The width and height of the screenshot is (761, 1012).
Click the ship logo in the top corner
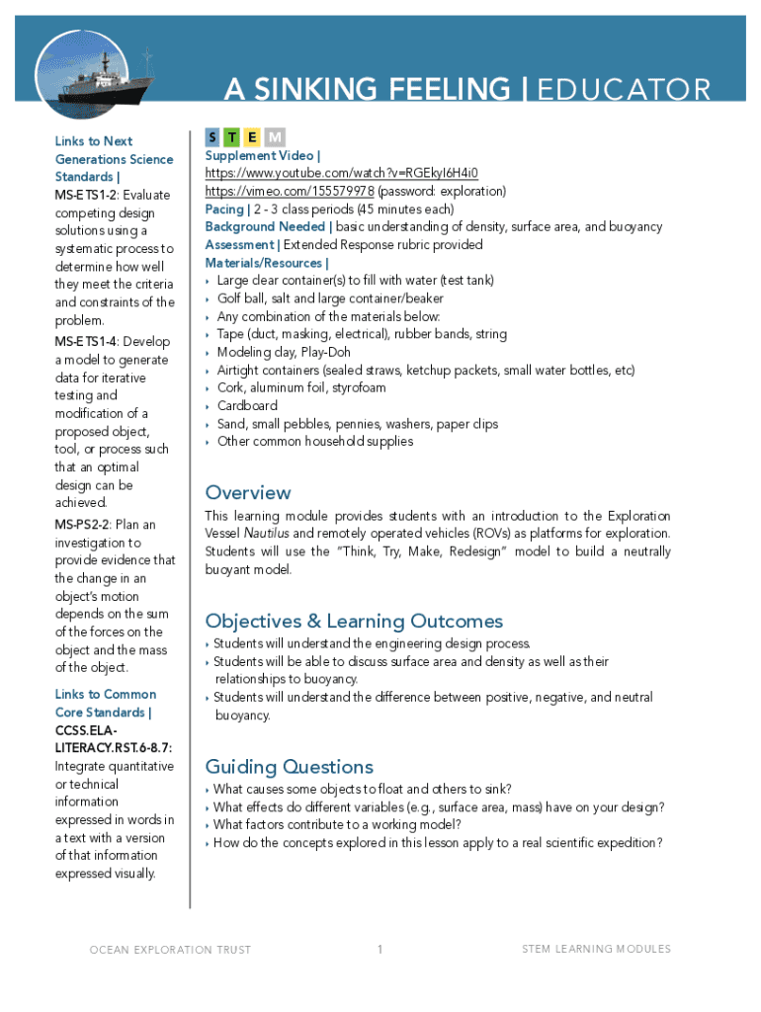(82, 73)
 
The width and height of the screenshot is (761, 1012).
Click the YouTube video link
(341, 173)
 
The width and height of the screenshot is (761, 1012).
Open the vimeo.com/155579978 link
(290, 191)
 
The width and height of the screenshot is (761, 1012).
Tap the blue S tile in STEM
(213, 136)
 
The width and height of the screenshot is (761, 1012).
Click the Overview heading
(247, 492)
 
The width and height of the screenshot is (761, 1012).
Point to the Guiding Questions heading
(289, 767)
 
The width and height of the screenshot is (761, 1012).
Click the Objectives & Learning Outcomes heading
(354, 621)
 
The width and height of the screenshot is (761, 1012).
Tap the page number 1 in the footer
(380, 950)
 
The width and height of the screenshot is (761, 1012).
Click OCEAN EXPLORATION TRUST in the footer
(170, 950)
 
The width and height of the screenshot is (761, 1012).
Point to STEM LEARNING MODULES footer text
(596, 949)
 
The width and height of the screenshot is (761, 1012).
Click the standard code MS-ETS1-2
(86, 195)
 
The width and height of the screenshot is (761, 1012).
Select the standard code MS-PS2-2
(83, 525)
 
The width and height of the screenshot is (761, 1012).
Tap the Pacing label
(224, 209)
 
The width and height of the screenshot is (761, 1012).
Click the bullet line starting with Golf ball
(330, 298)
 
